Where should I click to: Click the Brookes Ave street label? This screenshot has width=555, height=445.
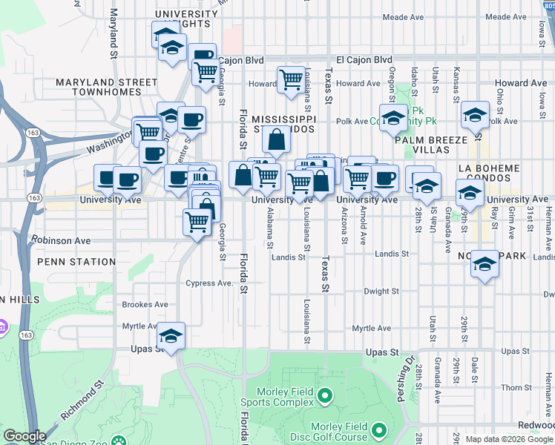coord(145,304)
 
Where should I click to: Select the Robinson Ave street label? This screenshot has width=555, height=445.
coord(60,240)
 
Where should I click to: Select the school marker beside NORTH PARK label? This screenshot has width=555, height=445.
coord(485,265)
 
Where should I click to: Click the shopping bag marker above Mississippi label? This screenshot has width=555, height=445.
coord(276,139)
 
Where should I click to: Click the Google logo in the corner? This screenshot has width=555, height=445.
coord(24,437)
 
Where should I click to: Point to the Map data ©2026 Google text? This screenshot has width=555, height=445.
coord(509,439)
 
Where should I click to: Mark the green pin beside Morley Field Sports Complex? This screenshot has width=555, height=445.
coord(325,398)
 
